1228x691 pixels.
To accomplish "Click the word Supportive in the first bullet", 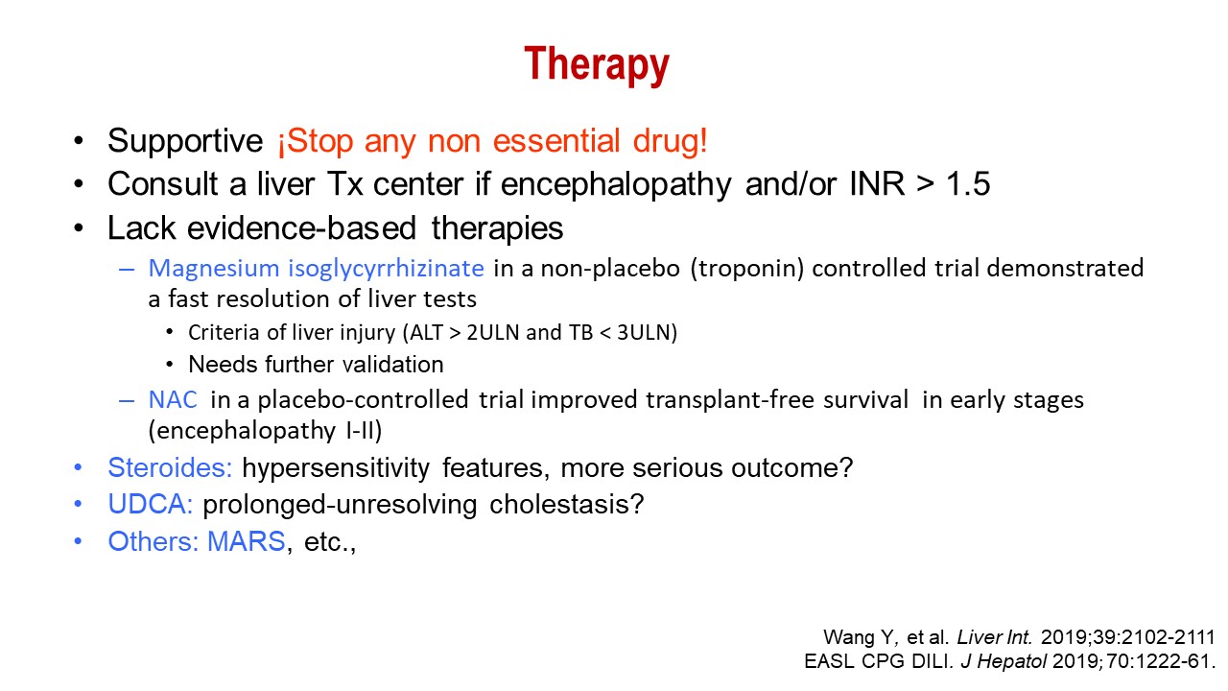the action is (x=185, y=140).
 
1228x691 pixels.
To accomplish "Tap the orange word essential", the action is (x=555, y=140).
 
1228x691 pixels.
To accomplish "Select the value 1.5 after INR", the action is (x=968, y=183).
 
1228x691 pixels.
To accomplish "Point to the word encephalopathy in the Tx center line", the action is (x=616, y=184).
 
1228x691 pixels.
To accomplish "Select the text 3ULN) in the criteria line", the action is (x=647, y=333).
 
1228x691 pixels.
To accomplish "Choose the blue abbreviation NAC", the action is (x=173, y=400).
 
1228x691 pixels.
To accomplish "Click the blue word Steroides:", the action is (x=170, y=467).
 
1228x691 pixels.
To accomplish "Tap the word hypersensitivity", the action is (x=336, y=468).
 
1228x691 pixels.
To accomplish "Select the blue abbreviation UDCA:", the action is (x=151, y=504).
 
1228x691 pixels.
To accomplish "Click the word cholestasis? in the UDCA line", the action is (x=566, y=504).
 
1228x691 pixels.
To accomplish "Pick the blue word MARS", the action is (x=247, y=541).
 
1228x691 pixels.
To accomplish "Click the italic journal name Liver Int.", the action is (x=994, y=637).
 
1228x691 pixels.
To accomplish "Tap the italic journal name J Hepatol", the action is (x=1004, y=662).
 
